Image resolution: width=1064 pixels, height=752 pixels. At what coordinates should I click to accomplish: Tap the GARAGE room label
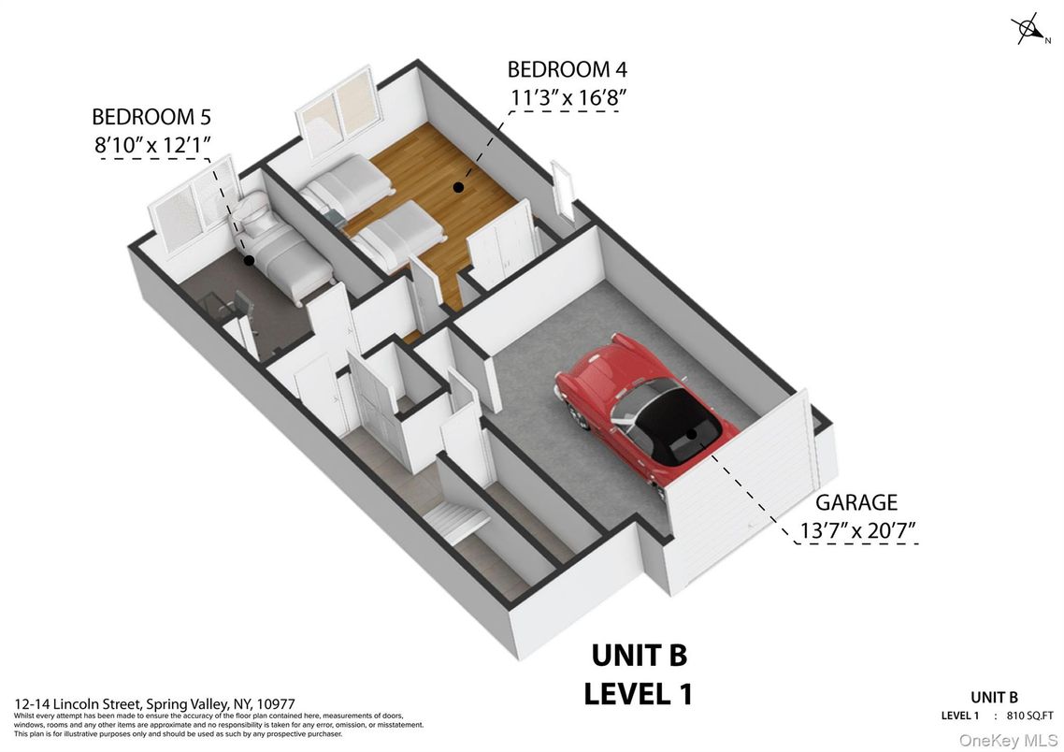pyautogui.click(x=856, y=502)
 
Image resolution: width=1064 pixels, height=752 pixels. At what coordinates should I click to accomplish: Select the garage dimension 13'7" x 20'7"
pyautogui.click(x=858, y=529)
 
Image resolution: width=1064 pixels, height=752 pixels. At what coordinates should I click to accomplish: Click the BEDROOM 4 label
pyautogui.click(x=568, y=69)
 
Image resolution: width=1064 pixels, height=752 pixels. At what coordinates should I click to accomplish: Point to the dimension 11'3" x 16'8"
pyautogui.click(x=568, y=97)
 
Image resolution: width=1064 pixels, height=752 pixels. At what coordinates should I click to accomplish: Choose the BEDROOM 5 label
pyautogui.click(x=151, y=117)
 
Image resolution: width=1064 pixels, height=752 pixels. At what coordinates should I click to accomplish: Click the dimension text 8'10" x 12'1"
pyautogui.click(x=153, y=145)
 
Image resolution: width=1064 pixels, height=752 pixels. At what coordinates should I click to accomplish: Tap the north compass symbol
pyautogui.click(x=1030, y=30)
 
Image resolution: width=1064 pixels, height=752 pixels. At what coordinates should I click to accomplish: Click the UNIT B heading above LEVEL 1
pyautogui.click(x=640, y=656)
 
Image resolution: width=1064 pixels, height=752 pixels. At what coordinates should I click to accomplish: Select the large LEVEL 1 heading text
pyautogui.click(x=639, y=694)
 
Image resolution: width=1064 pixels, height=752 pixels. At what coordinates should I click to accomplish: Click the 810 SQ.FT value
pyautogui.click(x=1030, y=716)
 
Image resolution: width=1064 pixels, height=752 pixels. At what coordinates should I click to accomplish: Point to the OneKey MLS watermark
pyautogui.click(x=1008, y=741)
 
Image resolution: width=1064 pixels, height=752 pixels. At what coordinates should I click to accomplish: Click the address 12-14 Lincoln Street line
pyautogui.click(x=154, y=704)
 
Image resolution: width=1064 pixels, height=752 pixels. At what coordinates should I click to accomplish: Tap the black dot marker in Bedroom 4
pyautogui.click(x=459, y=187)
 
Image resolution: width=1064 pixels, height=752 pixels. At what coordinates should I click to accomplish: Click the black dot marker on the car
pyautogui.click(x=691, y=434)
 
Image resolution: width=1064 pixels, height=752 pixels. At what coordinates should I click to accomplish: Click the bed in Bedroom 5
pyautogui.click(x=285, y=250)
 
